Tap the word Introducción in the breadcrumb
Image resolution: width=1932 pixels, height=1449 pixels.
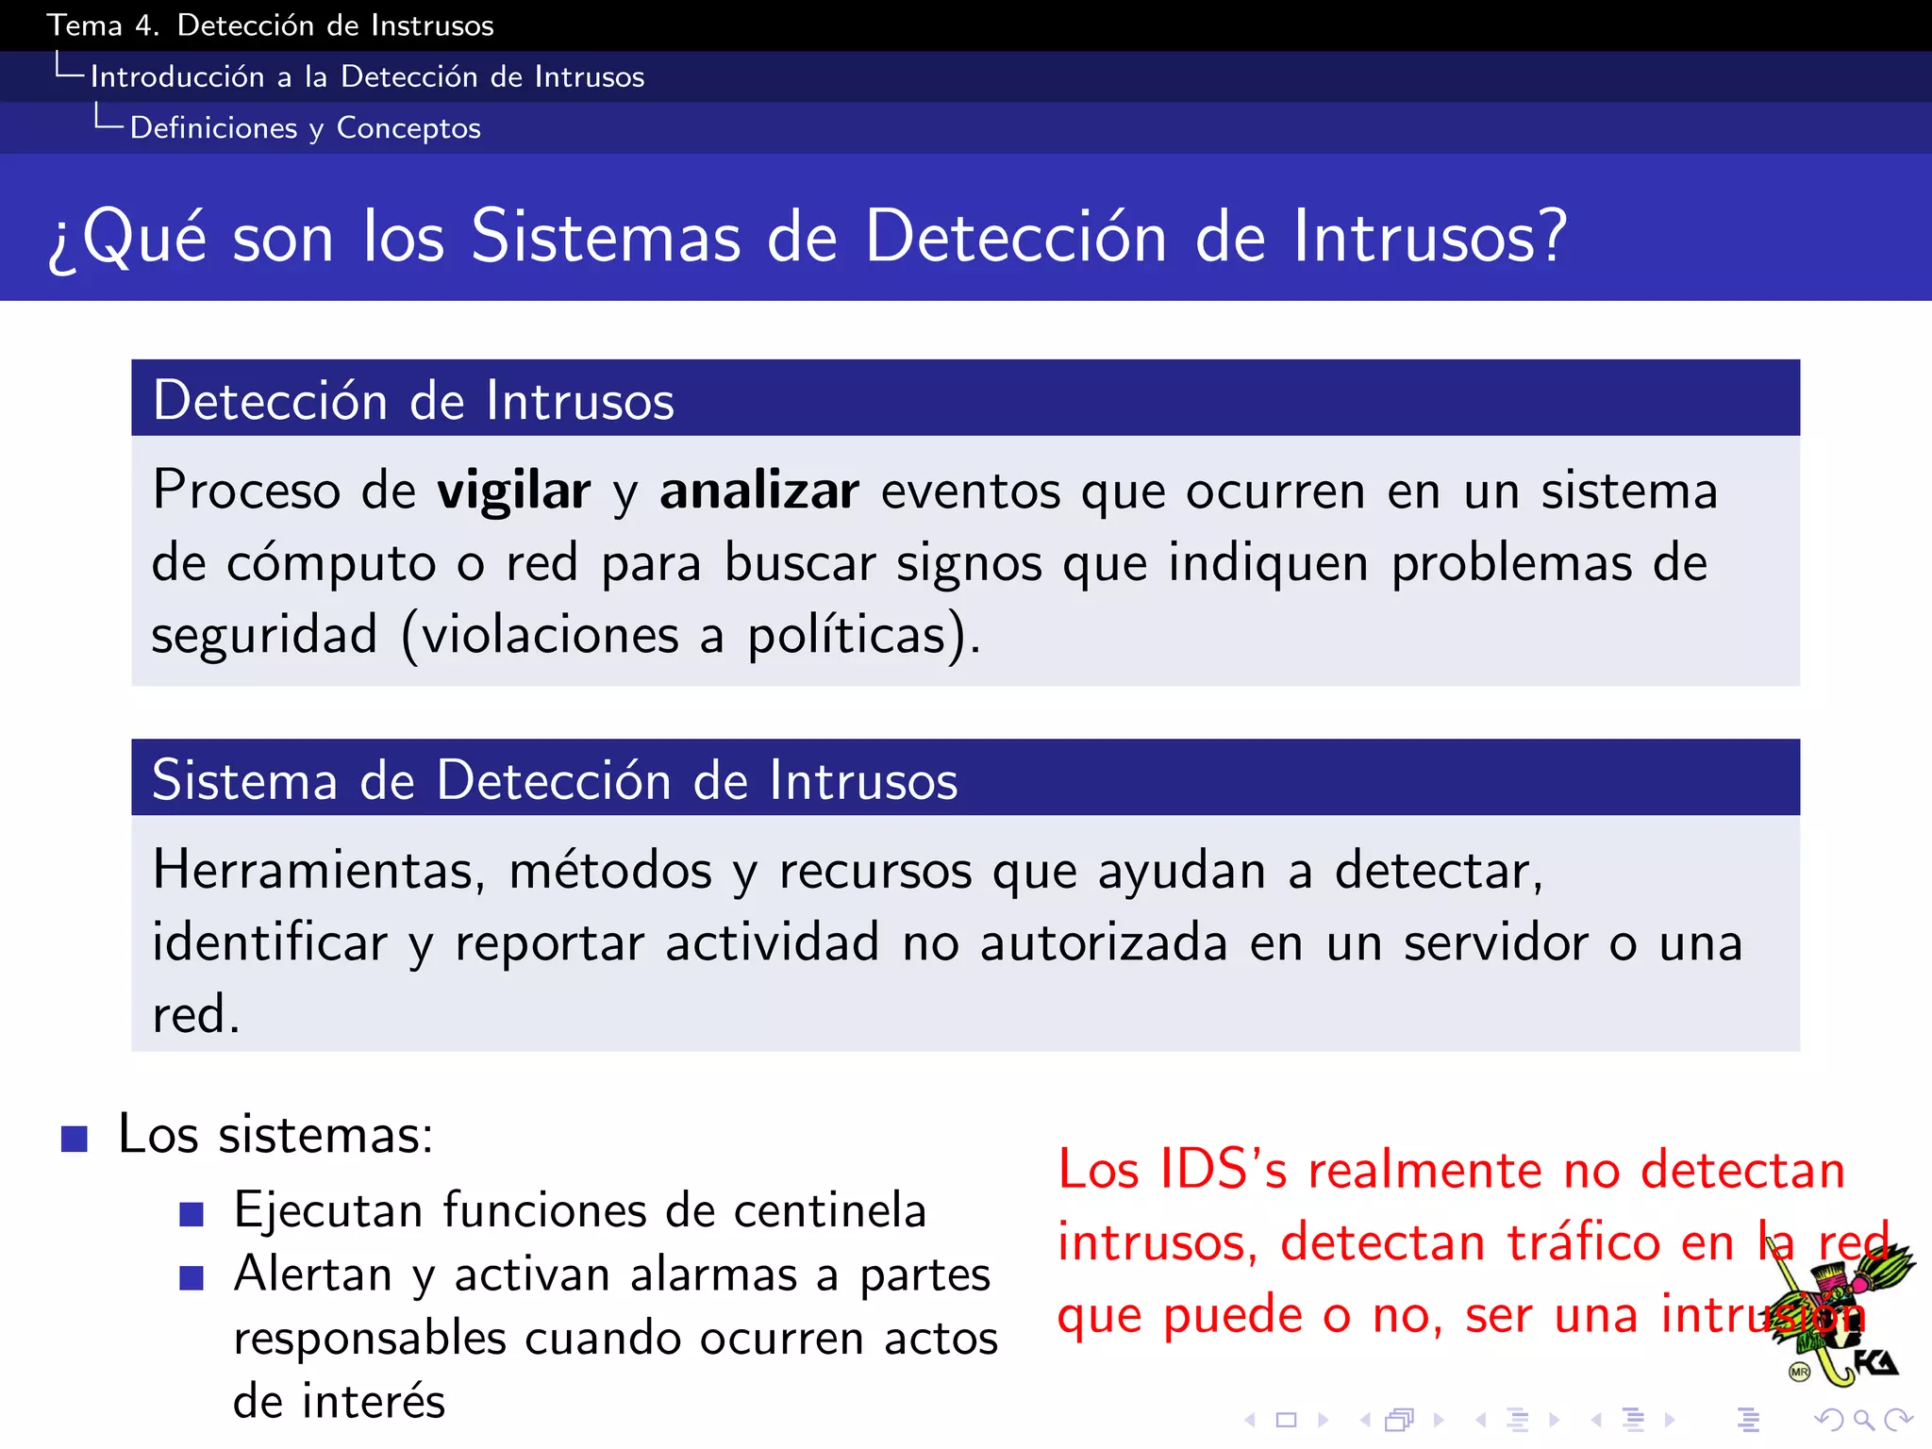(x=177, y=76)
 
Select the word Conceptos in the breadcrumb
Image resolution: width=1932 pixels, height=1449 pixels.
(x=408, y=127)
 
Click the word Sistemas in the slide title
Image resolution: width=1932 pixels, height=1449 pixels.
(x=606, y=236)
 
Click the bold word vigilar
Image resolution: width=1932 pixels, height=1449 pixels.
(x=513, y=491)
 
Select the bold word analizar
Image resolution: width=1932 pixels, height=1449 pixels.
(x=759, y=491)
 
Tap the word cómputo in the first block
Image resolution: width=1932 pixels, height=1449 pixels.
(x=331, y=564)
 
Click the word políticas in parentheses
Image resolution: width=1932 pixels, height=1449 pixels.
(x=846, y=635)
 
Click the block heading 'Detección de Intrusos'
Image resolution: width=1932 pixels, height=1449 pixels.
(x=413, y=400)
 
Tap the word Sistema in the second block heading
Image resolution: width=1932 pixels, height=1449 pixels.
(x=244, y=780)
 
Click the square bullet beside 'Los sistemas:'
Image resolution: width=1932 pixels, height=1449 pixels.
(x=75, y=1139)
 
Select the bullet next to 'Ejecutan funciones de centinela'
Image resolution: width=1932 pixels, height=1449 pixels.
(x=192, y=1214)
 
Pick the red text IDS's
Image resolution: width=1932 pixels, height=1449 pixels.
(x=1223, y=1170)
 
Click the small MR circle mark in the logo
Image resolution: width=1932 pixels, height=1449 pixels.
(x=1799, y=1373)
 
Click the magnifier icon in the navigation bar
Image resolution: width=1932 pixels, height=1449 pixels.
(x=1863, y=1419)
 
